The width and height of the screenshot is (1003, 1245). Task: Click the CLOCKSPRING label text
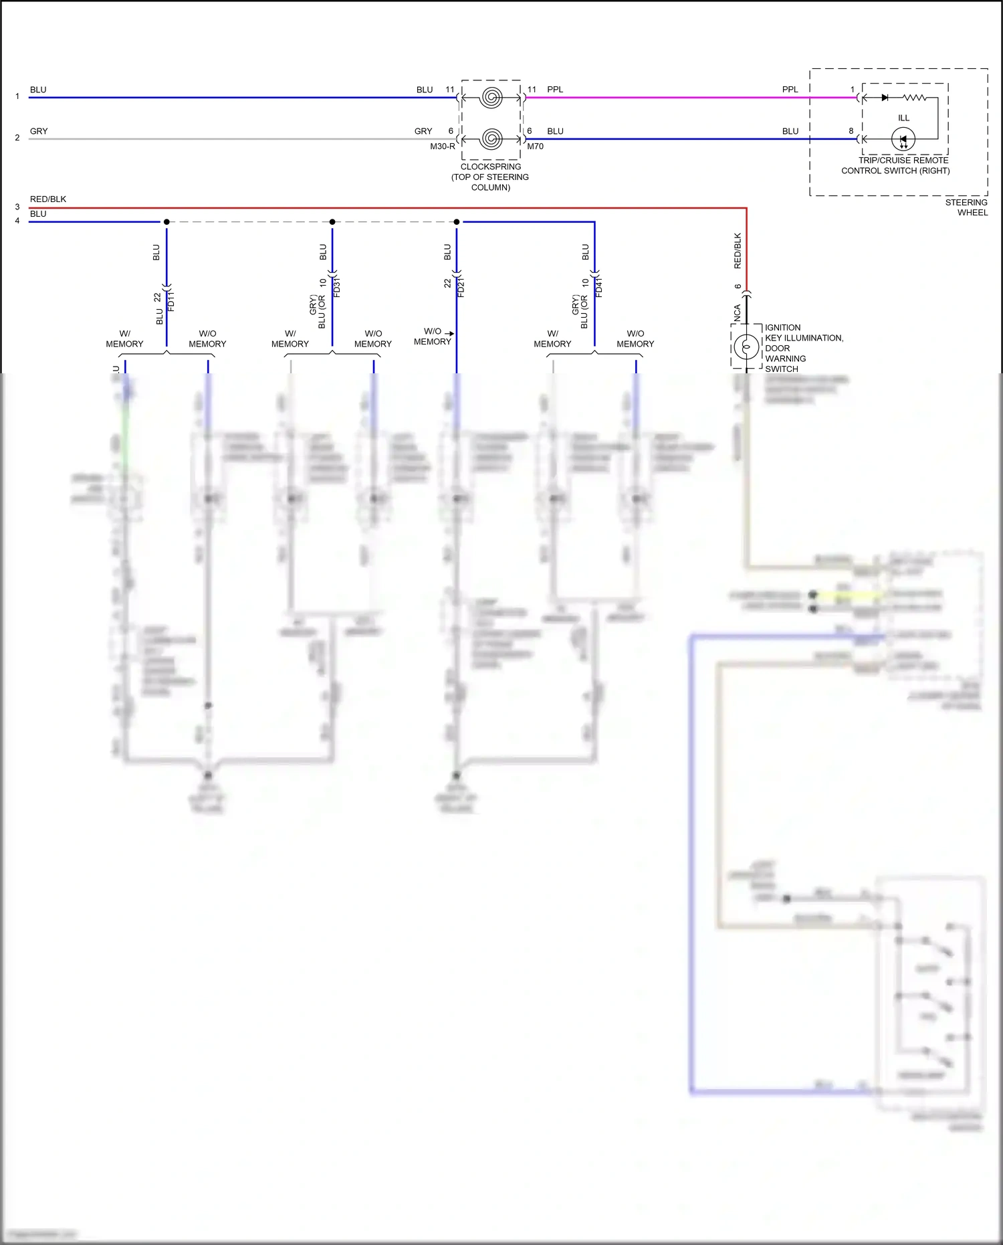tap(490, 167)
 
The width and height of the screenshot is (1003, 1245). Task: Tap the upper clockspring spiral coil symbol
tap(491, 98)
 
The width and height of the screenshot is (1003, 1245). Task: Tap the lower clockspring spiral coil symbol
tap(491, 139)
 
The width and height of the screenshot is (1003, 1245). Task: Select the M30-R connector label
tap(442, 147)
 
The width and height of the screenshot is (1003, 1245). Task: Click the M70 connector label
tap(535, 147)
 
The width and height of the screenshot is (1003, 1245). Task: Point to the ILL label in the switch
tap(903, 118)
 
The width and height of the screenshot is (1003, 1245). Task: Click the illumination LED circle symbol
tap(903, 139)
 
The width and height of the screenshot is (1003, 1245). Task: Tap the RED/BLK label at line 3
tap(48, 199)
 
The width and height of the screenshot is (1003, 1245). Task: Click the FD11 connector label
tap(171, 300)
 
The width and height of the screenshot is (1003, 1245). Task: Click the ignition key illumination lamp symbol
tap(746, 347)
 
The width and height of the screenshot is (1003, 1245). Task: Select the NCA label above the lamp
tap(738, 313)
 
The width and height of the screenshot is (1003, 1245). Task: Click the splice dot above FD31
tap(332, 221)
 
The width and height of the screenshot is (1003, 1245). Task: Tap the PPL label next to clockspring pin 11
tap(555, 89)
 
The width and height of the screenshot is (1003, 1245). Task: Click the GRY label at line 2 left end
tap(39, 131)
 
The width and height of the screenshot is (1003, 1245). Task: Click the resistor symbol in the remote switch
tap(915, 98)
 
